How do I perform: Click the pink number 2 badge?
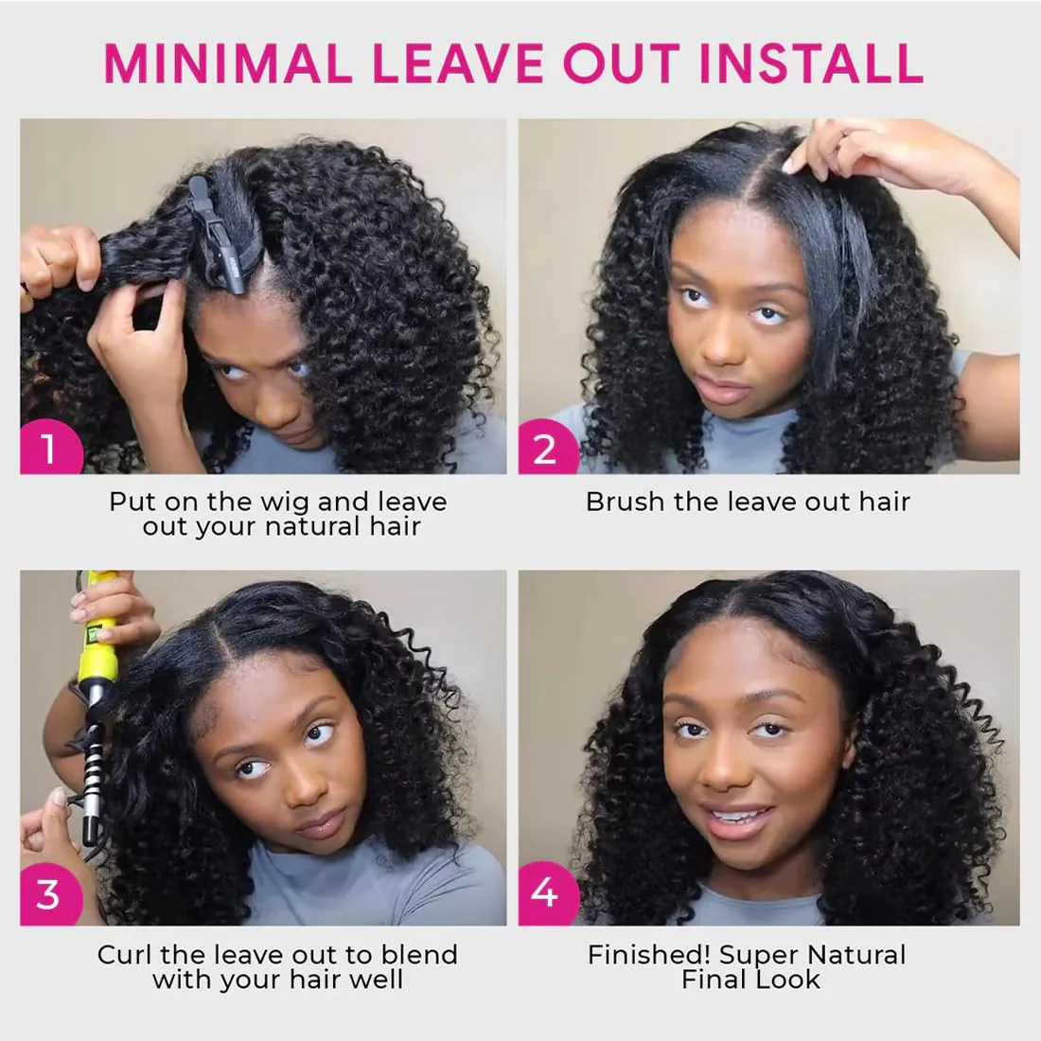[x=544, y=448]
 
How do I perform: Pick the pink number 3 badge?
[x=47, y=894]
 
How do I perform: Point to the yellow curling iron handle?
[x=98, y=625]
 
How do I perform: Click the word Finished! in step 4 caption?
[x=649, y=955]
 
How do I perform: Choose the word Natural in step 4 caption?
[x=849, y=955]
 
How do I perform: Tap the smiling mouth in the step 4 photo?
[x=741, y=815]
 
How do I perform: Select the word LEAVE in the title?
[x=458, y=62]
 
